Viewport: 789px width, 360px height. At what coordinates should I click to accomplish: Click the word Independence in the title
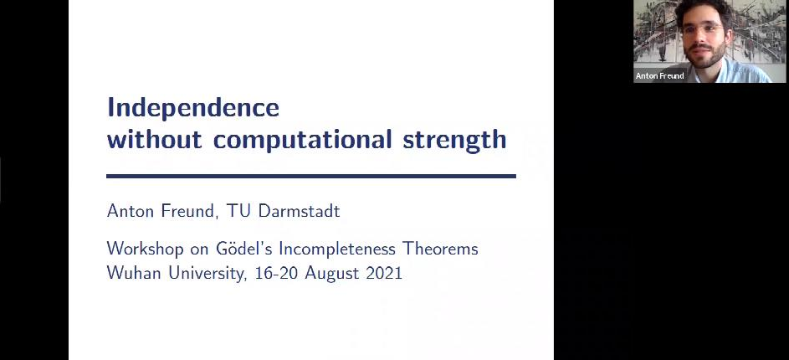(193, 108)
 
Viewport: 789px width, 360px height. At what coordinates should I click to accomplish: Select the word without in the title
(155, 139)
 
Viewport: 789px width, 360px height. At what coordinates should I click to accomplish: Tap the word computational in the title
(302, 141)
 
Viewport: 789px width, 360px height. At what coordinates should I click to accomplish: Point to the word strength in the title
(454, 141)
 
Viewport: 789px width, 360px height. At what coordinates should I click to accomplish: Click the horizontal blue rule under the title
(311, 176)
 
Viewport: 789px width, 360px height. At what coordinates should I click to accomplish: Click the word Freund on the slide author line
(188, 212)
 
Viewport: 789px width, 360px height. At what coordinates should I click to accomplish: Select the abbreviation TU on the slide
(238, 211)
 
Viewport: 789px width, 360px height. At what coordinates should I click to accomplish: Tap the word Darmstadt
(299, 211)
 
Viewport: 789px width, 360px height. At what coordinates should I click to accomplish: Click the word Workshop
(145, 249)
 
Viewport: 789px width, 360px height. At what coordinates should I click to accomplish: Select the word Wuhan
(135, 274)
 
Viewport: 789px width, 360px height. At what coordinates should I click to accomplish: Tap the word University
(206, 275)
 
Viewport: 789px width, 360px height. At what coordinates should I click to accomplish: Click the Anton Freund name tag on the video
(659, 76)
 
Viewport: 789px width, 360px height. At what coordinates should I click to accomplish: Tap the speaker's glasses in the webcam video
(703, 28)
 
